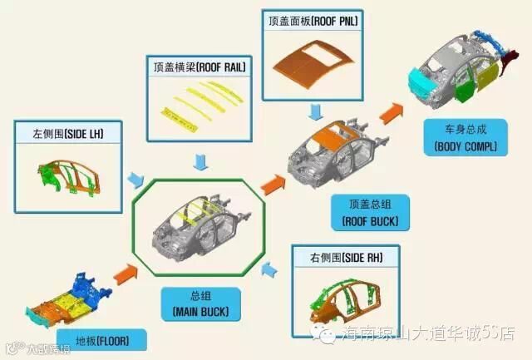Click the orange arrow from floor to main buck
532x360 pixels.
(x=123, y=274)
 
